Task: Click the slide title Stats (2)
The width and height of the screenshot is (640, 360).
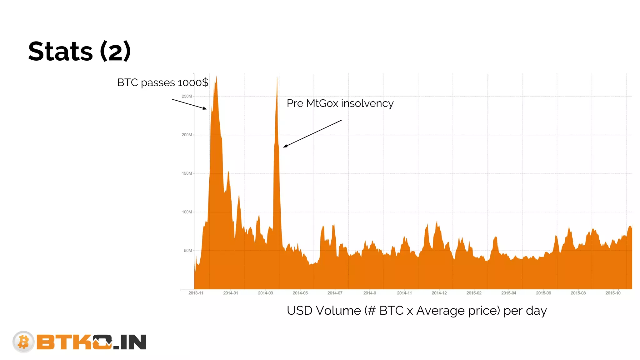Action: point(79,51)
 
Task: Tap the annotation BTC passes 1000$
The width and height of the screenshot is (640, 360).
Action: point(162,82)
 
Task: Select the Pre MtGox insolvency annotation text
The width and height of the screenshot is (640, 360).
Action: point(340,103)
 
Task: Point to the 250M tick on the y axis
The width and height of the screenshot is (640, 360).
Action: point(187,96)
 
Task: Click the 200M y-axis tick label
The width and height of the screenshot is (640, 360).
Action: point(187,135)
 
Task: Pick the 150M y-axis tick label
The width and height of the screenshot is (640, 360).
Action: point(187,173)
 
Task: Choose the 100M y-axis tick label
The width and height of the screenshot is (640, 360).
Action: point(187,212)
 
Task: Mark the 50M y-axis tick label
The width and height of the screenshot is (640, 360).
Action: point(188,251)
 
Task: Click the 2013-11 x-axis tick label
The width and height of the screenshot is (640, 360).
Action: point(196,293)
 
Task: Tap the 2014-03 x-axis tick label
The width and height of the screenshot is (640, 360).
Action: point(265,293)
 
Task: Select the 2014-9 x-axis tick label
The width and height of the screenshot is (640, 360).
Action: point(370,293)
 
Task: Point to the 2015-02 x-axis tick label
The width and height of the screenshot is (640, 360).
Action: point(474,293)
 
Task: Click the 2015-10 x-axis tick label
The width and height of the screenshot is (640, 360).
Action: point(613,293)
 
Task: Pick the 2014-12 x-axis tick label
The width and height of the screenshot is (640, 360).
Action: point(439,293)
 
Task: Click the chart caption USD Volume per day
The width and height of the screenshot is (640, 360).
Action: point(417,311)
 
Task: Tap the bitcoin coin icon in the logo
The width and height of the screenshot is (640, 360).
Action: point(23,342)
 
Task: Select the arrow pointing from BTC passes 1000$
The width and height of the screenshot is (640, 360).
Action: point(190,104)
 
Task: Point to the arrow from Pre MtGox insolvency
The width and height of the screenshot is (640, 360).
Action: point(312,133)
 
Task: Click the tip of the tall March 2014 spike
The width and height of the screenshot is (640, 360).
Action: point(277,77)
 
